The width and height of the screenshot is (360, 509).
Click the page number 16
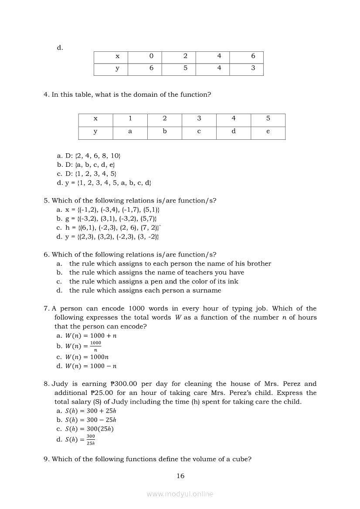pos(180,476)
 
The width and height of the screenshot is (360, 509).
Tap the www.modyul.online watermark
pos(180,494)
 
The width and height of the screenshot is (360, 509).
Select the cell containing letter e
pos(268,131)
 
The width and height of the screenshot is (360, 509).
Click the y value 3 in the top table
pos(253,68)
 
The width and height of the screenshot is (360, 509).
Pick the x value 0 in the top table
pos(151,56)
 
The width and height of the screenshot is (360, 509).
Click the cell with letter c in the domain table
pos(199,131)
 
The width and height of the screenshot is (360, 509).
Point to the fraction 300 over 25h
pos(91,439)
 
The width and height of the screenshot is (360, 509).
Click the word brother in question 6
pos(259,263)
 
